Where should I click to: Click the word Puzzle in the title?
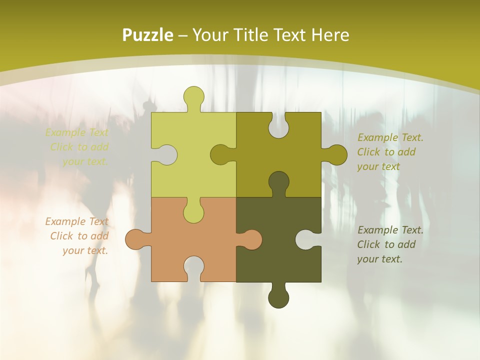pyautogui.click(x=148, y=35)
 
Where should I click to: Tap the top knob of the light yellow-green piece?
pyautogui.click(x=193, y=97)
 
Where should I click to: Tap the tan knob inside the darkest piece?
pyautogui.click(x=250, y=239)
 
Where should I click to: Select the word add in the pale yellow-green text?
pyautogui.click(x=99, y=147)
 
